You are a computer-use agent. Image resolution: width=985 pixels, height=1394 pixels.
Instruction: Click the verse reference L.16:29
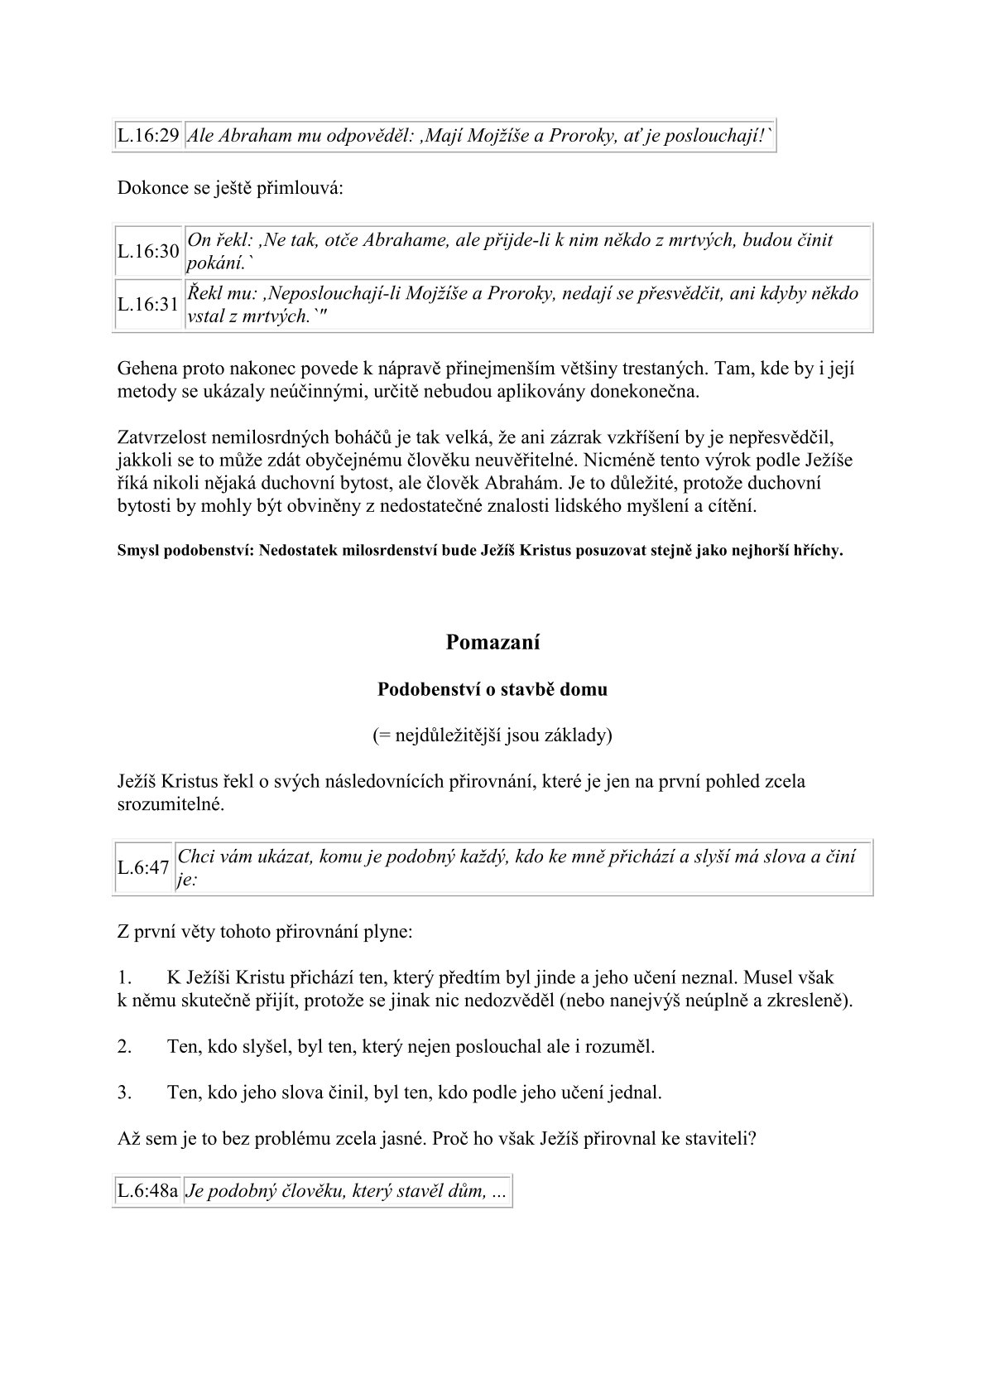[148, 137]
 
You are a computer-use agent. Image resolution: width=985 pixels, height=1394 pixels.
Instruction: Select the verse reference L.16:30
[148, 251]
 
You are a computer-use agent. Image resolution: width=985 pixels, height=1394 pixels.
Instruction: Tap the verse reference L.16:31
[148, 304]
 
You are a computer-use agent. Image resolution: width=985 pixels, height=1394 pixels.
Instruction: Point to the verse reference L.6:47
[143, 867]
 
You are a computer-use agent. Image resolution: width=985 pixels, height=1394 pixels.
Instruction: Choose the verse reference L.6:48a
[148, 1192]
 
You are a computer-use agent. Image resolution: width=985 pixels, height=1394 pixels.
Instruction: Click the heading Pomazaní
[492, 642]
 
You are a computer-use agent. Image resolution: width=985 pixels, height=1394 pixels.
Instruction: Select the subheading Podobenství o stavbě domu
[492, 689]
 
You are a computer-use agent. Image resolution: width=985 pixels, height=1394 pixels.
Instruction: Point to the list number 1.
[123, 978]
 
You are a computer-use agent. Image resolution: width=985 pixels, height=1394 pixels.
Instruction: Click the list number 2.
[124, 1046]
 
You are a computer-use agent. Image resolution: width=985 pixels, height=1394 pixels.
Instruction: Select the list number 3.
[124, 1092]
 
